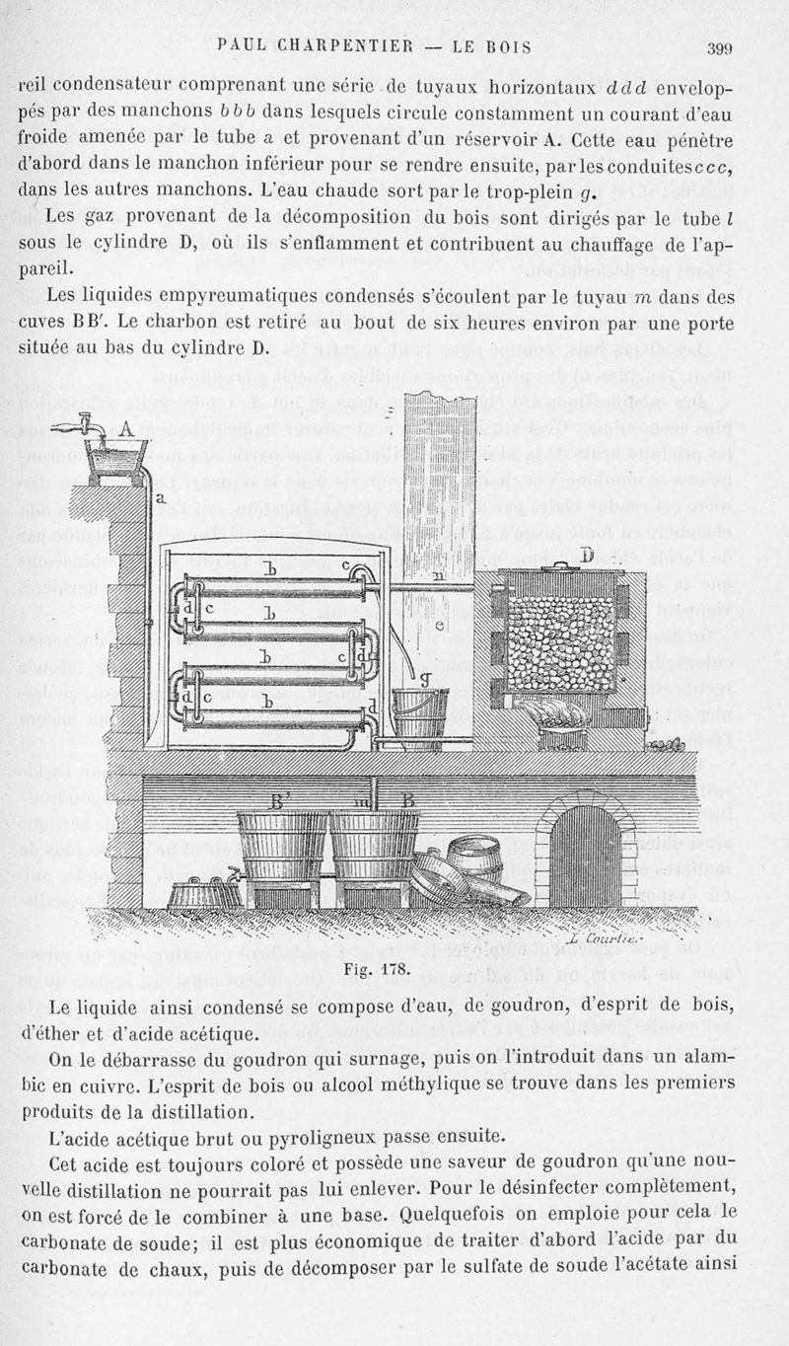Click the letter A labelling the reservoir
(x=125, y=429)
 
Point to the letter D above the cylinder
(x=587, y=557)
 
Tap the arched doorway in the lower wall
(x=585, y=853)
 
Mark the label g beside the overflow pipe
(x=425, y=678)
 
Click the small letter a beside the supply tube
(x=160, y=499)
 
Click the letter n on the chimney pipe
(x=437, y=574)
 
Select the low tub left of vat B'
(x=204, y=895)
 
